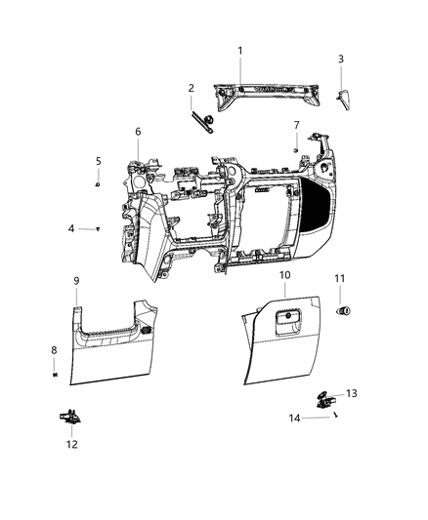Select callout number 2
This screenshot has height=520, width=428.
192,88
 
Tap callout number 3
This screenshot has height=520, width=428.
340,60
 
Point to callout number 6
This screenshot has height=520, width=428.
138,131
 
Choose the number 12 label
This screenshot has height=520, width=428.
72,444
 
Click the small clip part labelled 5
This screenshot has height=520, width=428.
99,181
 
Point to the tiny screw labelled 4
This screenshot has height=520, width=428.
100,229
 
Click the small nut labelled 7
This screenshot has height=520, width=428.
295,148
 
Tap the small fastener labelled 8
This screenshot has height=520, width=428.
56,373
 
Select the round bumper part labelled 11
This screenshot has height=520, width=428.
344,311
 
